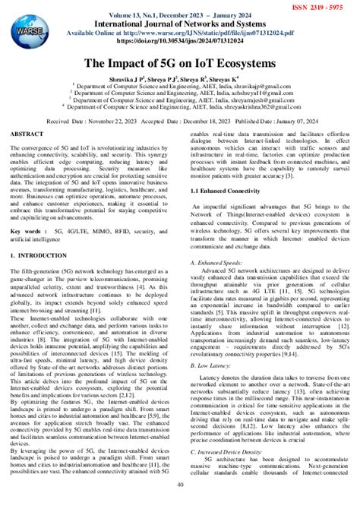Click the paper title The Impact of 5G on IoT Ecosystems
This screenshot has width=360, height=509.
pos(180,65)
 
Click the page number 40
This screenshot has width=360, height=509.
pos(180,503)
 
